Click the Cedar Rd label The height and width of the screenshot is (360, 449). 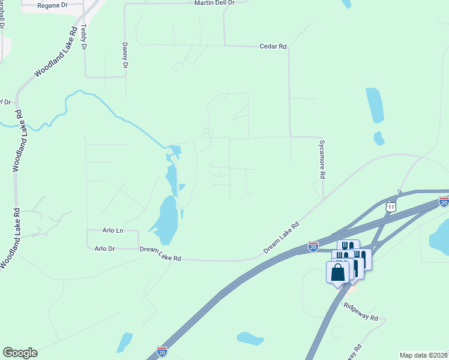(x=273, y=46)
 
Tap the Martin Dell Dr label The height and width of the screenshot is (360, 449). (x=214, y=3)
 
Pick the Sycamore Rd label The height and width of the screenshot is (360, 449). (x=322, y=160)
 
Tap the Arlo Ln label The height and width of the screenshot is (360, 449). (x=112, y=230)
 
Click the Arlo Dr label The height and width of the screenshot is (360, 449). (x=104, y=248)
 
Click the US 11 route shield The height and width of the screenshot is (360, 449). (x=391, y=206)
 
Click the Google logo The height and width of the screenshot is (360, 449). (x=20, y=353)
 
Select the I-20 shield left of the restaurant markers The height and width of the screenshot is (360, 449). (x=313, y=246)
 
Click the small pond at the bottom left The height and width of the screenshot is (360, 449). (x=124, y=343)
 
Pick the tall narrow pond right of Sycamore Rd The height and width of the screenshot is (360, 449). (x=374, y=105)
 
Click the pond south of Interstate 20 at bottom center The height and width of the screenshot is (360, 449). (x=250, y=338)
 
